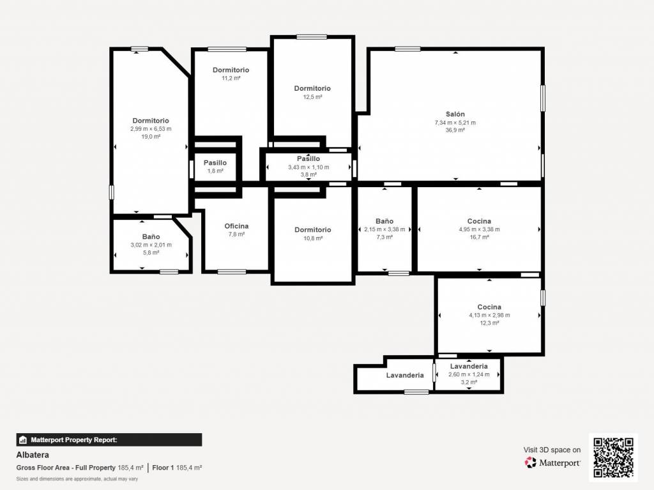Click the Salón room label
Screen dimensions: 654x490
455,114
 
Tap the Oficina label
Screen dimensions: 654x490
236,226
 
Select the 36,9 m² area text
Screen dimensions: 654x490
455,130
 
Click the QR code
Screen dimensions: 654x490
613,457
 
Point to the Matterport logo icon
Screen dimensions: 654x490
530,463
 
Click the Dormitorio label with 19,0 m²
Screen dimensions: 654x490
151,121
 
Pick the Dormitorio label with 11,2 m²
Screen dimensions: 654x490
231,70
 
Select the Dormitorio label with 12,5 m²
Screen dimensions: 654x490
312,89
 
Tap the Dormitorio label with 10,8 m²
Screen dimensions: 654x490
313,230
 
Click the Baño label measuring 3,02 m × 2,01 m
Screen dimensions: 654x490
151,236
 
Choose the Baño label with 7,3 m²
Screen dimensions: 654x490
384,221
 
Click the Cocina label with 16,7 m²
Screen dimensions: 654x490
479,221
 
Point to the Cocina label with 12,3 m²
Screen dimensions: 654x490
489,307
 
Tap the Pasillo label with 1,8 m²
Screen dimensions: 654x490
215,163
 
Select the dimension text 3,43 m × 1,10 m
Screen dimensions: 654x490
308,167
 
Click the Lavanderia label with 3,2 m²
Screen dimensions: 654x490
469,367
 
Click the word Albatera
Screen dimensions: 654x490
33,455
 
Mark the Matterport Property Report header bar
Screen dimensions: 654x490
109,440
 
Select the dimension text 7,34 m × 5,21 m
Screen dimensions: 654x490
455,123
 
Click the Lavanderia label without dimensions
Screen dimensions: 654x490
404,375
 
